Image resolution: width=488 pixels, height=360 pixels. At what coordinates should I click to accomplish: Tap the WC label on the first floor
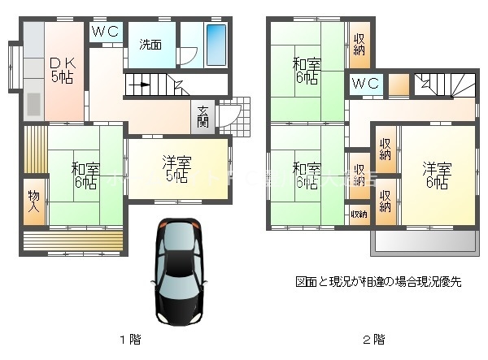click(105, 32)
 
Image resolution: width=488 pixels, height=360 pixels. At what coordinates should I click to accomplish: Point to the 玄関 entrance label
click(203, 118)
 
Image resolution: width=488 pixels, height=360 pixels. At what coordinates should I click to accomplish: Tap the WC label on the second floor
click(365, 84)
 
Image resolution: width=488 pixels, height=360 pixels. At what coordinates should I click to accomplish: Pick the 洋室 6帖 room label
click(436, 176)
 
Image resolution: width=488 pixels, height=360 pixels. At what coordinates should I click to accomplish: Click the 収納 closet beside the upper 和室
click(358, 46)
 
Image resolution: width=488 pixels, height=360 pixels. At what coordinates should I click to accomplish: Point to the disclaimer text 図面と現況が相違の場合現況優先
click(378, 282)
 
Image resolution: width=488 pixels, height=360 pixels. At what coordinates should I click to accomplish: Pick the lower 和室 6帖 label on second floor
click(306, 176)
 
